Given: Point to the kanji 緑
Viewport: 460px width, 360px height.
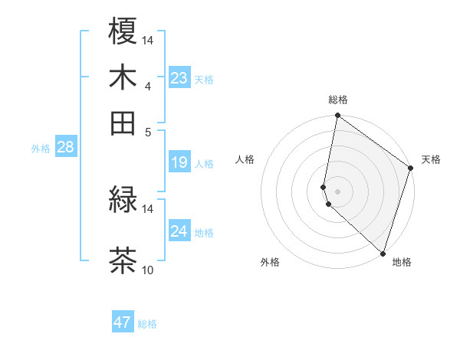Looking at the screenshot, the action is tap(123, 199).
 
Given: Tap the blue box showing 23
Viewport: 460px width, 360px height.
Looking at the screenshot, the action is tap(179, 78).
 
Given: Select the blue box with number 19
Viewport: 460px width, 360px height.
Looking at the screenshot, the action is tap(179, 162).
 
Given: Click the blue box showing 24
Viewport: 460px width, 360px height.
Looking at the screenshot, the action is tap(179, 231).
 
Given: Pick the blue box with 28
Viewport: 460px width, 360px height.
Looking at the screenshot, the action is tap(65, 148).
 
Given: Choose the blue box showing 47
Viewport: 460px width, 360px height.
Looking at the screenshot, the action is tap(123, 322).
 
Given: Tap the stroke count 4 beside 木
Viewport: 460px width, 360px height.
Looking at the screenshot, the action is tap(148, 86).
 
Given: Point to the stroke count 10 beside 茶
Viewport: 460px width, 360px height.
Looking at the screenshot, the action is tap(148, 270).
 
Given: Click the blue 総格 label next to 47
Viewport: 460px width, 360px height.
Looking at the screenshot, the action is tap(147, 324).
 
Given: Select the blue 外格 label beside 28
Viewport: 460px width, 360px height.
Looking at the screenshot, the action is tap(41, 149).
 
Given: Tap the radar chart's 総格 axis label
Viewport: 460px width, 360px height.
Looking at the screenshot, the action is tap(338, 100).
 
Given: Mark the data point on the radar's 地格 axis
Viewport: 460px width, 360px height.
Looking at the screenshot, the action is tap(383, 253).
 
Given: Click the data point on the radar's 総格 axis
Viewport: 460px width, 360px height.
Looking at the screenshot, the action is tap(337, 116).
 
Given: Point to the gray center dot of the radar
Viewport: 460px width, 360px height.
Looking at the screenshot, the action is tap(337, 191).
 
